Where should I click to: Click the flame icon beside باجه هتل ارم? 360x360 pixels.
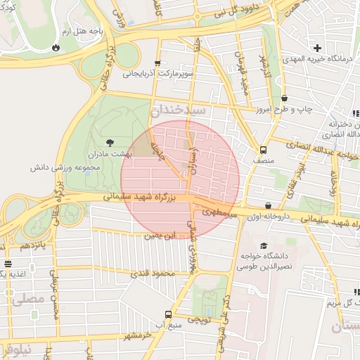(x=56, y=48)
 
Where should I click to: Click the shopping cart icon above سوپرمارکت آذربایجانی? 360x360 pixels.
(x=158, y=63)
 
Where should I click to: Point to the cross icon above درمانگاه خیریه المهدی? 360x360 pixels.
(x=318, y=49)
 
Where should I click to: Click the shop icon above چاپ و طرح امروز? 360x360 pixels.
(x=284, y=99)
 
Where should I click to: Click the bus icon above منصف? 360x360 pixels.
(x=263, y=150)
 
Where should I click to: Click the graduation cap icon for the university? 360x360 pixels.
(x=264, y=246)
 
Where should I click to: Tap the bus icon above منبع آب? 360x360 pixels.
(x=168, y=314)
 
